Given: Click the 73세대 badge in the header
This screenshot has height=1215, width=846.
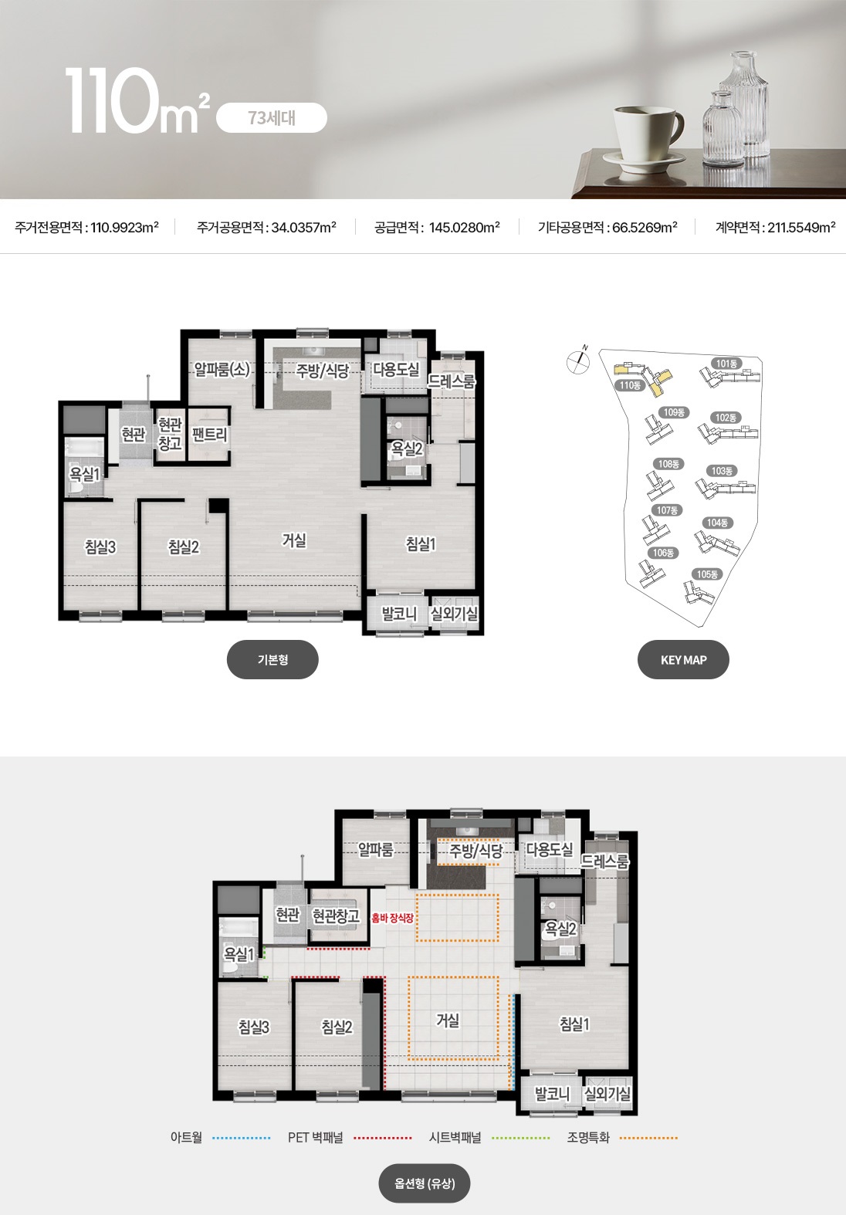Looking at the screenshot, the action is (272, 117).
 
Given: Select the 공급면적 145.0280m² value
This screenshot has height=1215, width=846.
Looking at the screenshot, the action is (437, 227).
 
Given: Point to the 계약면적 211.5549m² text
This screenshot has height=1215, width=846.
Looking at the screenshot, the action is (776, 227).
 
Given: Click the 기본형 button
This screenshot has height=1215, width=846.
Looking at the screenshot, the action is (272, 659).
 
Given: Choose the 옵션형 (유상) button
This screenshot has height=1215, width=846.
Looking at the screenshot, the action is (424, 1183).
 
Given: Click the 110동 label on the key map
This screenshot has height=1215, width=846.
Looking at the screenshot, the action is (630, 385).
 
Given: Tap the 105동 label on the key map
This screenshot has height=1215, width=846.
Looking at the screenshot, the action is (707, 574).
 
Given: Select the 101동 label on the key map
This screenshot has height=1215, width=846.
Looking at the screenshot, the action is (726, 364).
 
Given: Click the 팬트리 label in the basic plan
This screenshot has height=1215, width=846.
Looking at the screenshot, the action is (209, 435).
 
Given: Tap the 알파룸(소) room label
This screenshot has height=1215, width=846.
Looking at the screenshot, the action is (222, 370).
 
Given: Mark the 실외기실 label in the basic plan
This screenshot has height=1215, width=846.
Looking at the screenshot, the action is (454, 614).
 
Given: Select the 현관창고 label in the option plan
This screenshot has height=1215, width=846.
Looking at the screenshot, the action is (336, 916).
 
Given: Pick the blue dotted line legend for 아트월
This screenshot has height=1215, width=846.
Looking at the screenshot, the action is (242, 1138).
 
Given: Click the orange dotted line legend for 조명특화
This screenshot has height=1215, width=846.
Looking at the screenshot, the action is (648, 1138).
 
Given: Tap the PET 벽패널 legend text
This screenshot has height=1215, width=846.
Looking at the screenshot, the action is (316, 1138).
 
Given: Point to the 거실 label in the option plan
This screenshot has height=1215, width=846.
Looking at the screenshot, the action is (448, 1020).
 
